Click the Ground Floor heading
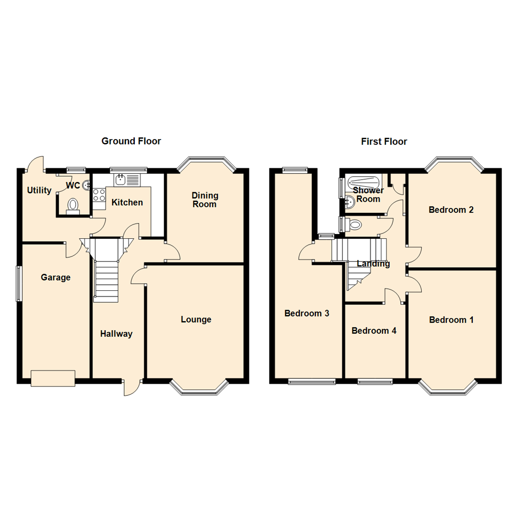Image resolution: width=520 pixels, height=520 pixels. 131,141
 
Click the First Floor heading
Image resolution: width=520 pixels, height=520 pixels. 384,142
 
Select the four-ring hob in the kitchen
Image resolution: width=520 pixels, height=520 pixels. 99,195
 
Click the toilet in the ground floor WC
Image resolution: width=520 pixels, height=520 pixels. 73,205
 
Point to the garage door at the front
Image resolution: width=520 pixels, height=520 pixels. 53,378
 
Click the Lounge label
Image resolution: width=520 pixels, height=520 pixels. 196,319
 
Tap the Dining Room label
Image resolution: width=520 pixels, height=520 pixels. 205,200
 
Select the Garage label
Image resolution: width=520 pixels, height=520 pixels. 55,277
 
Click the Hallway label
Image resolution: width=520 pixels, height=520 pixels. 116,334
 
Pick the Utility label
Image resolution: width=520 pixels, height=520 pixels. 39,190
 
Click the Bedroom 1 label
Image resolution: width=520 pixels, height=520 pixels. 451,320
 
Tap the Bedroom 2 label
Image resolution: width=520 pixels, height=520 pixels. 451,209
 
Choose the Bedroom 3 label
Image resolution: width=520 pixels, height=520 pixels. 307,313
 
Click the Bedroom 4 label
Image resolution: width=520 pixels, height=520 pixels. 374,331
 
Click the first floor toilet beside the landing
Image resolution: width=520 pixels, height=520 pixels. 354,224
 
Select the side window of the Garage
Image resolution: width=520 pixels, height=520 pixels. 19,284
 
